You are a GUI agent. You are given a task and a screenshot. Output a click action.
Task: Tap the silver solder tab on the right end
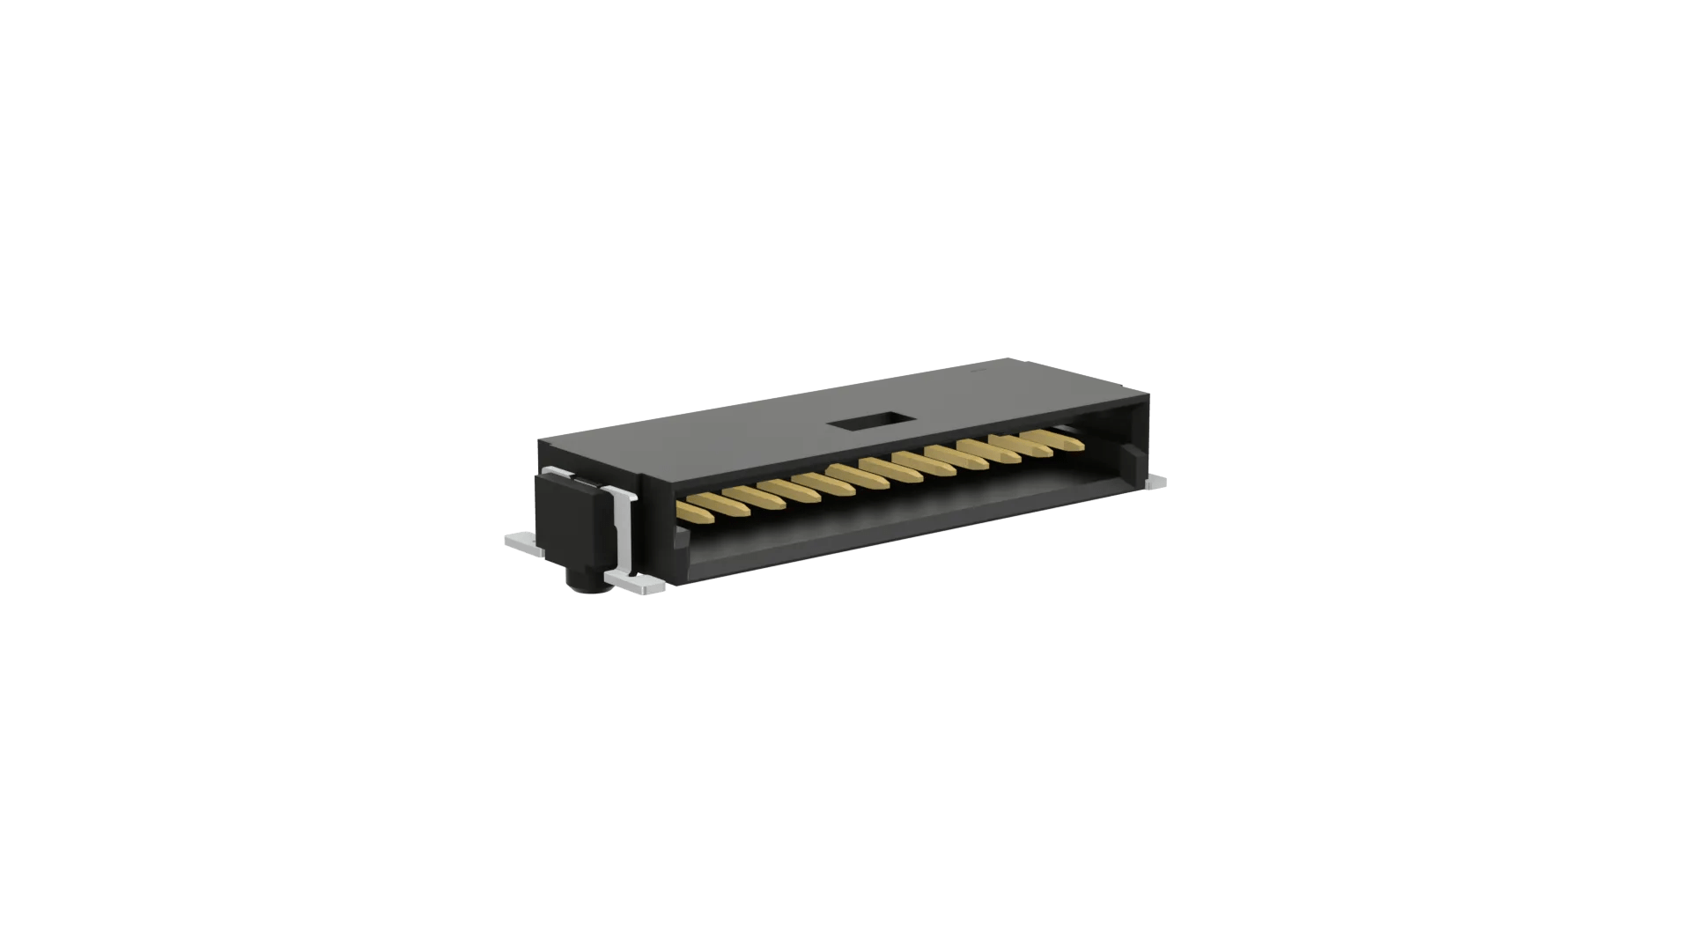pos(1156,483)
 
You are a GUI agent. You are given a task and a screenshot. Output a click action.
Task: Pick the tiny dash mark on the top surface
pos(975,374)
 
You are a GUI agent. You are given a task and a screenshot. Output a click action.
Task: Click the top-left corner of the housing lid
pos(539,438)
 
